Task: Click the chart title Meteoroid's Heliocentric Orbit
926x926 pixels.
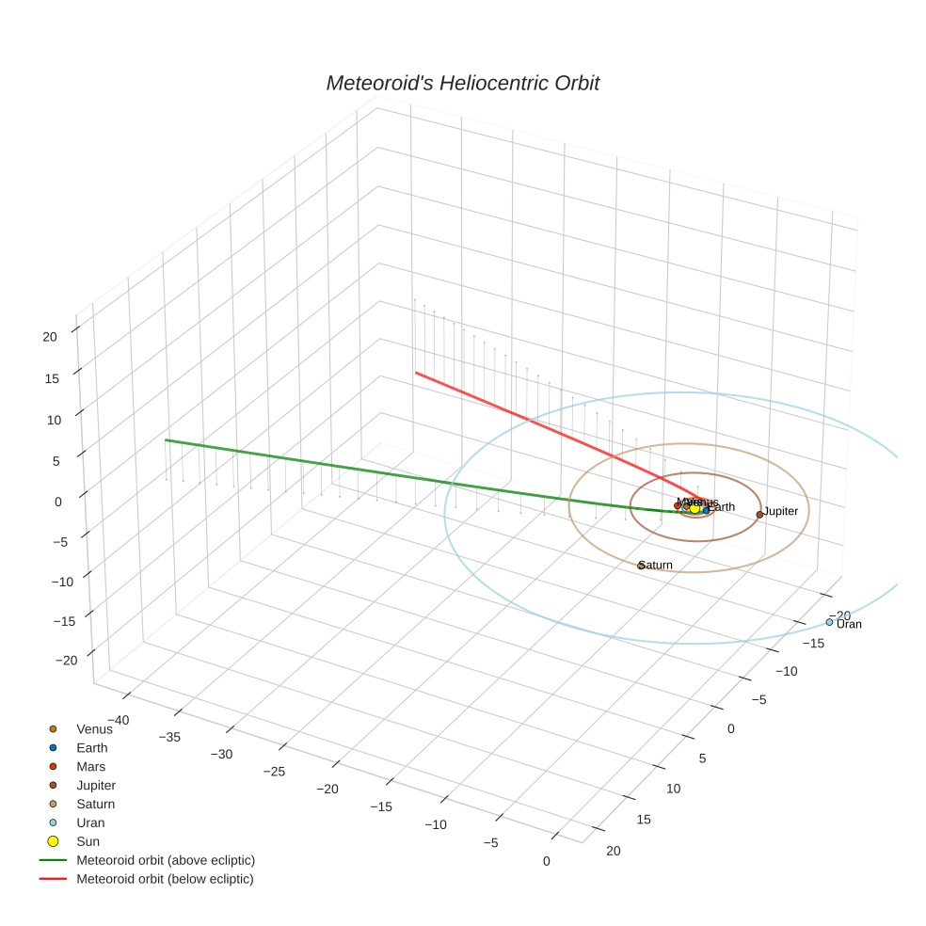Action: [x=462, y=84]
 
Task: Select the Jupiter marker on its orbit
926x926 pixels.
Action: [x=759, y=514]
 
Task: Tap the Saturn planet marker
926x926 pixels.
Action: [x=641, y=566]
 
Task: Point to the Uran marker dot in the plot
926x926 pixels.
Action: [x=829, y=622]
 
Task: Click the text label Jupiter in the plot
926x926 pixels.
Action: [x=781, y=512]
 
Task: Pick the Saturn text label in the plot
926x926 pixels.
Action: [x=657, y=566]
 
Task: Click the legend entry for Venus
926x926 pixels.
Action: [x=94, y=729]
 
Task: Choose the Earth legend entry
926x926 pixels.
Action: [x=91, y=748]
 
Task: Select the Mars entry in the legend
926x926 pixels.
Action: [x=90, y=767]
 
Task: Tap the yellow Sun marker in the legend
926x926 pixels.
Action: [x=54, y=841]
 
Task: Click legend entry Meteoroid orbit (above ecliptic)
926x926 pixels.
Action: [x=166, y=860]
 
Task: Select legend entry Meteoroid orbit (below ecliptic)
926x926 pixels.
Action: [x=165, y=879]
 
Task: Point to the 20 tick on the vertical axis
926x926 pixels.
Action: [x=51, y=336]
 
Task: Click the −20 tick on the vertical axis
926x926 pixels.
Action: [x=65, y=661]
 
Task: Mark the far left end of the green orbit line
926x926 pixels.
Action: [x=166, y=439]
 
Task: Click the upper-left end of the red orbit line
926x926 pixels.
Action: [x=416, y=373]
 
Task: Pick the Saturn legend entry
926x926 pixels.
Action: [x=95, y=805]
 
